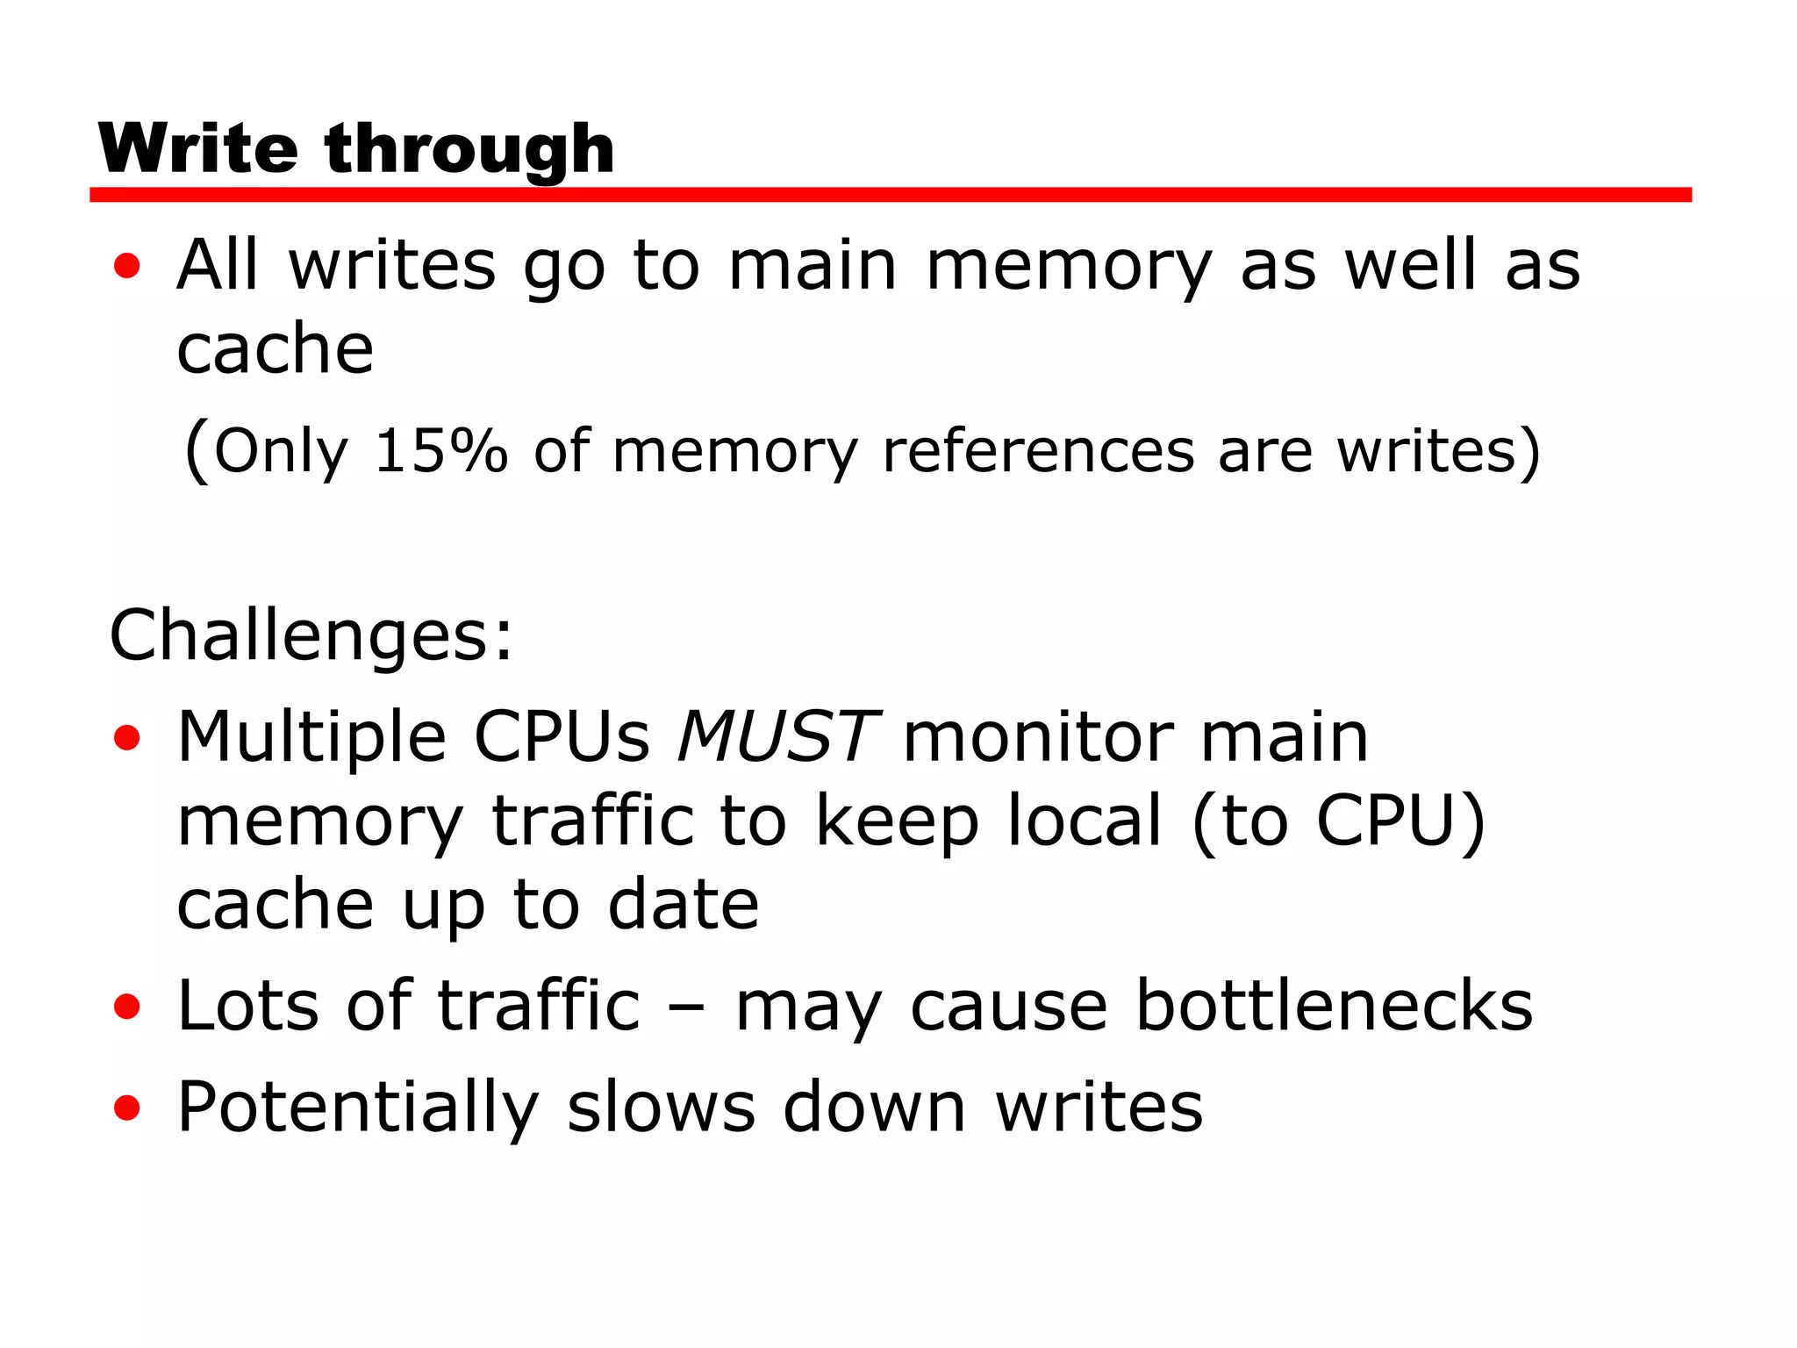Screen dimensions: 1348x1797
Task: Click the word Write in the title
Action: [x=198, y=149]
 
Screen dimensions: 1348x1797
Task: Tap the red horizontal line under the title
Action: [x=890, y=195]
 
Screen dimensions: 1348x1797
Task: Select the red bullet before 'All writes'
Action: [x=127, y=266]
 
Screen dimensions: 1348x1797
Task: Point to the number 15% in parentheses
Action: [x=441, y=452]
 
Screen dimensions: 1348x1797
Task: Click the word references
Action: [x=1038, y=452]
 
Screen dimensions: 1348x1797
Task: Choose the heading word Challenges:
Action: [x=311, y=635]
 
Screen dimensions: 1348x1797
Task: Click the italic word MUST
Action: [x=776, y=736]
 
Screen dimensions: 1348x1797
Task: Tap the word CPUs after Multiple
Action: [x=562, y=736]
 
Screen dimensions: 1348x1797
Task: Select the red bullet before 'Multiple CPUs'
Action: [x=127, y=738]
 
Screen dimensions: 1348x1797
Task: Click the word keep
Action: [x=897, y=821]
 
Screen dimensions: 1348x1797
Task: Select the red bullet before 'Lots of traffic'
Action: [x=127, y=1007]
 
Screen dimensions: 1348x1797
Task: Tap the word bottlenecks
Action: [x=1334, y=1005]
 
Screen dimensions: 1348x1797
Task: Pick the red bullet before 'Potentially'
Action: [x=127, y=1108]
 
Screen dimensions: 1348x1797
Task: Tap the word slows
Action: [x=661, y=1106]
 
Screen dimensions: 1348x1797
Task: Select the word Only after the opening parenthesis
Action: [x=281, y=452]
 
